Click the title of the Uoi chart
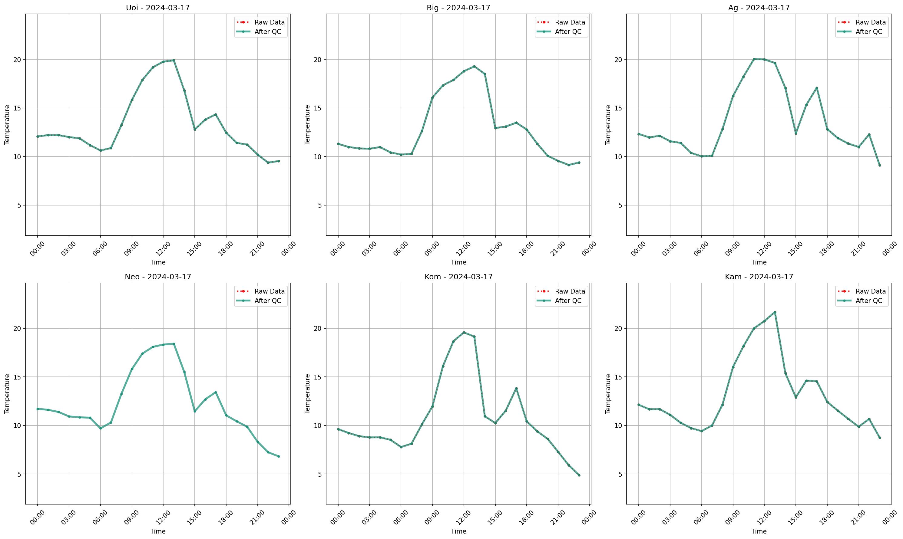(158, 8)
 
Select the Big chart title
(458, 8)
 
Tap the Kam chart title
(759, 277)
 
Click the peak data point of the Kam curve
(775, 312)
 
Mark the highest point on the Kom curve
(464, 332)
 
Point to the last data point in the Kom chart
(579, 475)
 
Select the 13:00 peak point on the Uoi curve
(174, 60)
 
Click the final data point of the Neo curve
(279, 457)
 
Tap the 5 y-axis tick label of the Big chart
(320, 205)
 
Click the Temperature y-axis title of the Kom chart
(307, 394)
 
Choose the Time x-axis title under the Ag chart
(759, 262)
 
